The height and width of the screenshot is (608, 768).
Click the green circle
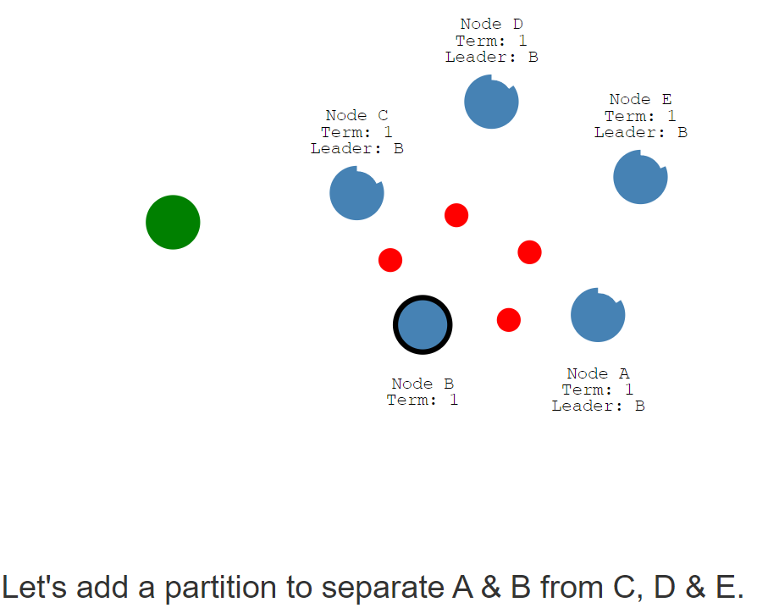click(x=173, y=223)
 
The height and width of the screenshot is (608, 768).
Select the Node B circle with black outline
click(x=423, y=325)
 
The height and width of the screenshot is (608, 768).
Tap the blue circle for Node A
click(x=598, y=315)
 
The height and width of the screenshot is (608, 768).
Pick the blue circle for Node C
click(x=356, y=193)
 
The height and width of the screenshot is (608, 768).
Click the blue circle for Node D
click(x=491, y=102)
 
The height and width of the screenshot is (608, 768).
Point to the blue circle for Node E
click(x=640, y=177)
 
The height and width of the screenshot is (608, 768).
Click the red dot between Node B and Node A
click(x=509, y=320)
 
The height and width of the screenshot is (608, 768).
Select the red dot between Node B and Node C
click(x=390, y=260)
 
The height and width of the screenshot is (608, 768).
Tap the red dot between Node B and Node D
click(x=456, y=215)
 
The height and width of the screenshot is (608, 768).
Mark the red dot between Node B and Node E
click(x=529, y=252)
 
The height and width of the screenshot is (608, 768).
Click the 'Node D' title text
click(x=491, y=24)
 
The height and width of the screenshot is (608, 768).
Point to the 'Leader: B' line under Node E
click(x=641, y=132)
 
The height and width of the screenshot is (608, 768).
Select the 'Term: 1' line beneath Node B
click(x=423, y=400)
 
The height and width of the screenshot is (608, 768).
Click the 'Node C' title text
click(x=356, y=116)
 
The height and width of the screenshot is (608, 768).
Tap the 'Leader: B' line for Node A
click(x=598, y=406)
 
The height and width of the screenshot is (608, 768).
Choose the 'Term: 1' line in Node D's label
click(x=491, y=41)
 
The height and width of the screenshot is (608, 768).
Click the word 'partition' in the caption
click(x=221, y=588)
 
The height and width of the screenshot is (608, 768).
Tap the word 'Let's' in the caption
click(x=34, y=587)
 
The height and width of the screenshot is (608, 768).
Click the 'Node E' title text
click(x=640, y=99)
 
